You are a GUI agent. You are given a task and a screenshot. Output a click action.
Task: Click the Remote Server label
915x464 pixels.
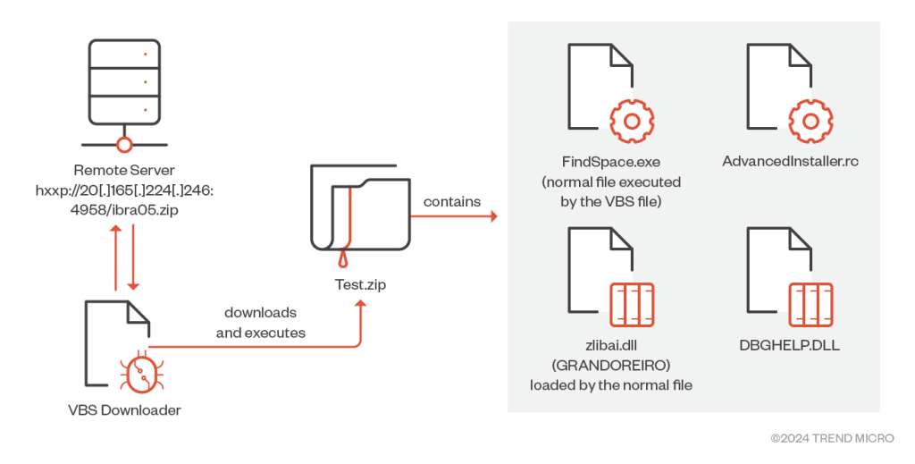(x=125, y=169)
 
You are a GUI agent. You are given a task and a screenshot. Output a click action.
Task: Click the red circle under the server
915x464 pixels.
(x=124, y=143)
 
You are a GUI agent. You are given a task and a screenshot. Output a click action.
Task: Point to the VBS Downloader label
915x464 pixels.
(x=125, y=411)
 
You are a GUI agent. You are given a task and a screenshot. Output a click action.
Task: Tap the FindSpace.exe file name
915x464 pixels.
(x=610, y=164)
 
